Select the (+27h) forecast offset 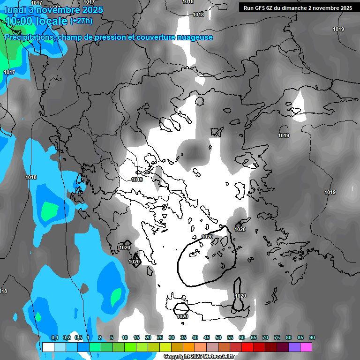click(81, 21)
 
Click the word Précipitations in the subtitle click(29, 37)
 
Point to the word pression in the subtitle click(110, 37)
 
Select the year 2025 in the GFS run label click(345, 7)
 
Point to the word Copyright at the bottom click(178, 357)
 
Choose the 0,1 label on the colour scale click(54, 337)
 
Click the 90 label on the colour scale click(312, 337)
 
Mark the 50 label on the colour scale click(218, 337)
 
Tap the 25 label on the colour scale click(160, 337)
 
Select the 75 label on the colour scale click(277, 337)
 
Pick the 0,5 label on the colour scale click(78, 337)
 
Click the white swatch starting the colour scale click(48, 347)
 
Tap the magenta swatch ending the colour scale click(306, 347)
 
